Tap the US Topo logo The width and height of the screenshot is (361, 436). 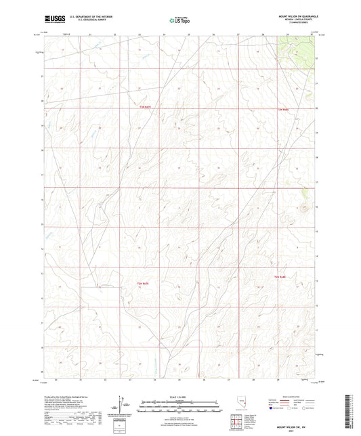180,21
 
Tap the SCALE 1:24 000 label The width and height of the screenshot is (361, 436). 180,397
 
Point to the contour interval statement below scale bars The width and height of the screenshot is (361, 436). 180,414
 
